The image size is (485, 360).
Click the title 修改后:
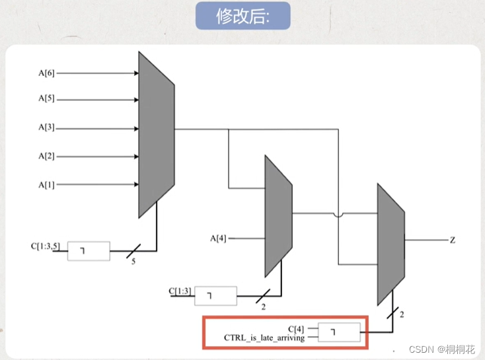click(243, 17)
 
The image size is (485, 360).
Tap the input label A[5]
click(46, 100)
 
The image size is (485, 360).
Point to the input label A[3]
click(46, 127)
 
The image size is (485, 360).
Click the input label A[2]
click(46, 156)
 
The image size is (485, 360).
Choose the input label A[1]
click(46, 184)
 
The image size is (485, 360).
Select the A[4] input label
click(218, 238)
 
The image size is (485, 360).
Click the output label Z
click(453, 240)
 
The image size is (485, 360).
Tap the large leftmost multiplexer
click(156, 135)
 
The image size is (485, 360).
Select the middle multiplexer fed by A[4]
click(278, 216)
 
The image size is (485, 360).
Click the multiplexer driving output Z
click(390, 244)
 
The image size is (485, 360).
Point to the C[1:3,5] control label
click(48, 247)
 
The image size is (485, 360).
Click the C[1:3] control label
click(180, 291)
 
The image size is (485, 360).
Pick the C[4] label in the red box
click(295, 327)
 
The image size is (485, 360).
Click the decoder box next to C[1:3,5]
click(89, 251)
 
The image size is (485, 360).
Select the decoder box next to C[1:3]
click(215, 296)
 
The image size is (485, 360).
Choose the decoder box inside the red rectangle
click(340, 332)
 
